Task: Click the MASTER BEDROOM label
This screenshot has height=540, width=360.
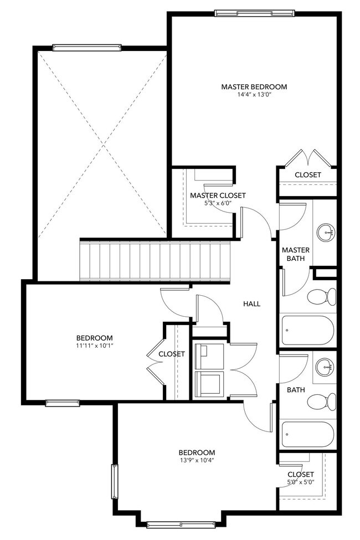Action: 254,87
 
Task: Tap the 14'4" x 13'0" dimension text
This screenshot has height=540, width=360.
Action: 254,95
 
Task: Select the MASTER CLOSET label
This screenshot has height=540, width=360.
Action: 218,196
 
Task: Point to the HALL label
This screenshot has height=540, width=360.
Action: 251,304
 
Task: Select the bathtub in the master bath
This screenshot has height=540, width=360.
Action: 308,331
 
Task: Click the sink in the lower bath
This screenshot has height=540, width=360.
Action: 325,366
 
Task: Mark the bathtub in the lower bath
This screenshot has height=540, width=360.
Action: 308,435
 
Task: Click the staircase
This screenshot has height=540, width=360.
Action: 155,261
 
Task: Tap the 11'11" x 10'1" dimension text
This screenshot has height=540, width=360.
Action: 95,346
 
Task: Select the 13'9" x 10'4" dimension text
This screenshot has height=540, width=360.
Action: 197,460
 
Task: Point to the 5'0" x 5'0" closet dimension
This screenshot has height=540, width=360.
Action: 301,482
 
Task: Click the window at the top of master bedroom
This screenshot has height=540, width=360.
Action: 254,12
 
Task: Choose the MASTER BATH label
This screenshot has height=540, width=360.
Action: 296,254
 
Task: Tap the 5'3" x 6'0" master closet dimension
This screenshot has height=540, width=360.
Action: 218,203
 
